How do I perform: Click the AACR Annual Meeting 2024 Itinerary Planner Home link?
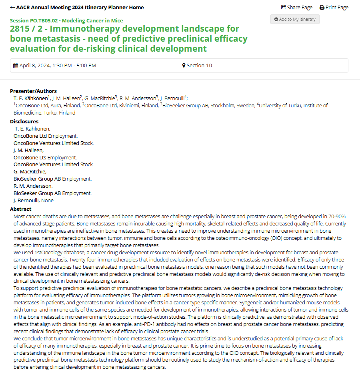77,7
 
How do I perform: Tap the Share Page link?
297,7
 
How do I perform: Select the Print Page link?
334,7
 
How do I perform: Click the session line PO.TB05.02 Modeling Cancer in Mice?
66,20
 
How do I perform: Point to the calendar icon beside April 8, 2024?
16,66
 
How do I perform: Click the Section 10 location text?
199,66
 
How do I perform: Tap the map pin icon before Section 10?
184,66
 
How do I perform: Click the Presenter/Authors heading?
33,91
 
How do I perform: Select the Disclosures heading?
24,121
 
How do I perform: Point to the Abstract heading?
20,209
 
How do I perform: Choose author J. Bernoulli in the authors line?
173,99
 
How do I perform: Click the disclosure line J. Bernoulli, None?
34,201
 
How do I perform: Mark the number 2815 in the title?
22,29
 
